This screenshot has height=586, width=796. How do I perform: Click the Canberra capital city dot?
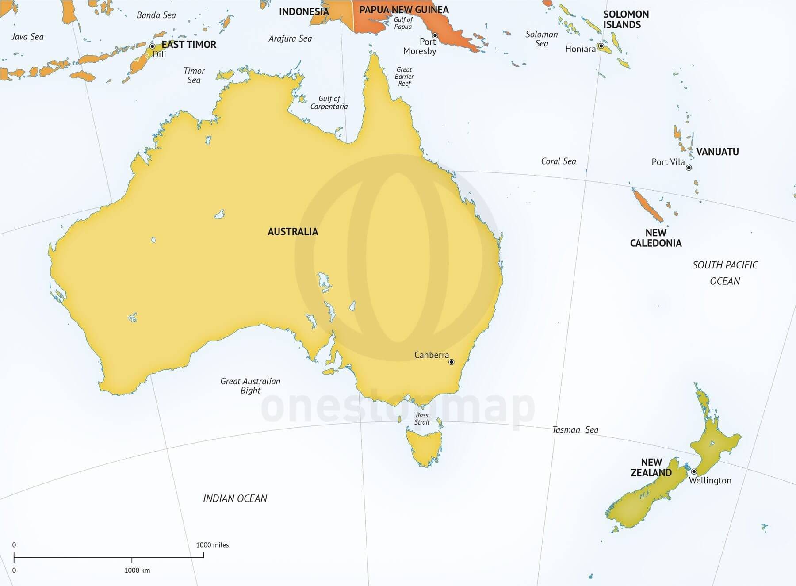[x=452, y=362]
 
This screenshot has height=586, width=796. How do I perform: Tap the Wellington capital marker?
[x=694, y=471]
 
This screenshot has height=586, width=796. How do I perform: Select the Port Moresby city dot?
[x=435, y=35]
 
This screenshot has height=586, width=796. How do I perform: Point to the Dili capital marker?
[x=152, y=46]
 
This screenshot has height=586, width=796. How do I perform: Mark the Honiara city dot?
[x=601, y=46]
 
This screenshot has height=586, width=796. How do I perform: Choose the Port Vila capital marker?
[x=689, y=168]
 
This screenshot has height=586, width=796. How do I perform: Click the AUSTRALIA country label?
[x=293, y=232]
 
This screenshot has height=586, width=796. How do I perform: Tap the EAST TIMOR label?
[x=189, y=45]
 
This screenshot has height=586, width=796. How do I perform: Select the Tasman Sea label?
[x=575, y=429]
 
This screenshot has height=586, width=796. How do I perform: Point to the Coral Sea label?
[x=559, y=161]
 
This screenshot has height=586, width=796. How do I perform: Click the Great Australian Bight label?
[x=250, y=386]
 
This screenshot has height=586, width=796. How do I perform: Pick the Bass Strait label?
[x=422, y=418]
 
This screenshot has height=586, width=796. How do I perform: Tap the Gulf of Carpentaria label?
[x=329, y=103]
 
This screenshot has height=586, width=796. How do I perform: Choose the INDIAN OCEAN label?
[x=235, y=498]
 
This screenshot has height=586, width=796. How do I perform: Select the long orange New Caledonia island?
[x=647, y=206]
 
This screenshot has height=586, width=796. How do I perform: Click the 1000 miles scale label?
[x=212, y=545]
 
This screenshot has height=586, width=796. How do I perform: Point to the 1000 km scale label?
[x=137, y=571]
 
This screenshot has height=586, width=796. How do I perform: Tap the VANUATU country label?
[x=717, y=152]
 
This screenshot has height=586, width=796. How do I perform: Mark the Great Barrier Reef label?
[x=404, y=77]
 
